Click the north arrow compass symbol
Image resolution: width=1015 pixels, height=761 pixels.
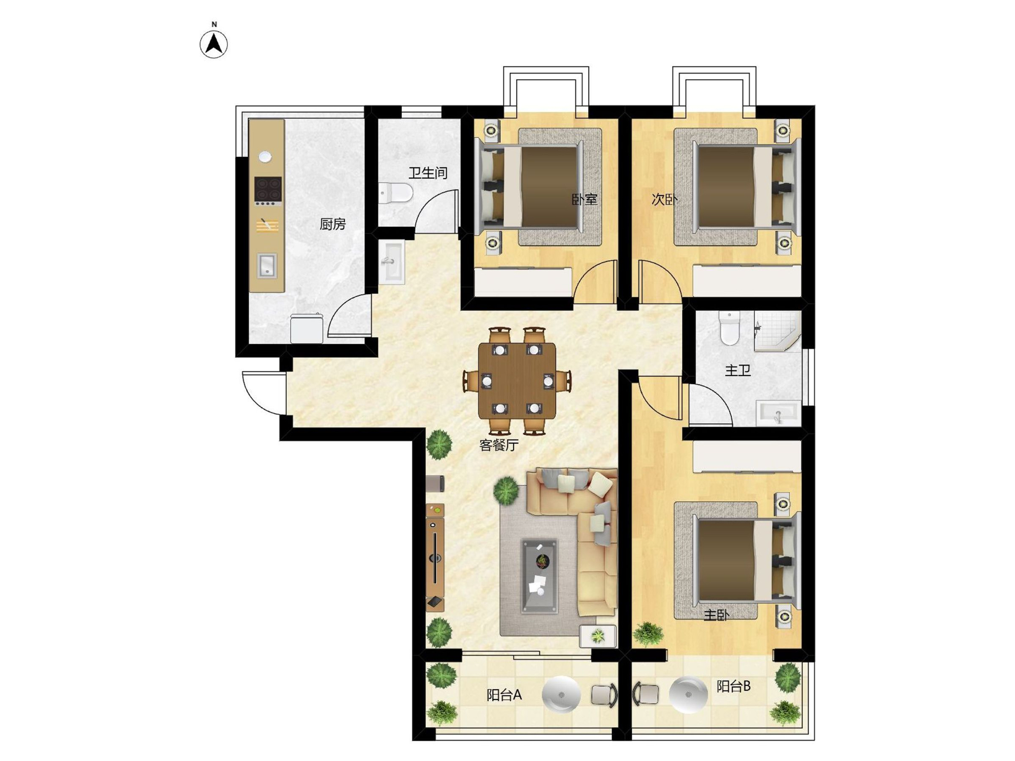(214, 44)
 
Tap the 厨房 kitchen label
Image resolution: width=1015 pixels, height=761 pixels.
(332, 224)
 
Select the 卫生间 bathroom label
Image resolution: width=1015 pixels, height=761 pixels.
(428, 173)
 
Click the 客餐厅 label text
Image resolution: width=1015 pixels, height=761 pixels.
(499, 445)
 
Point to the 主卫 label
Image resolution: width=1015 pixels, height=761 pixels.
(737, 370)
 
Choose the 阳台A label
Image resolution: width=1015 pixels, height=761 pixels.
(504, 695)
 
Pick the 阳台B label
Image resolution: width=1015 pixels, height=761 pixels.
(733, 686)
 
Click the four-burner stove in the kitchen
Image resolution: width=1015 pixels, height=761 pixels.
(268, 190)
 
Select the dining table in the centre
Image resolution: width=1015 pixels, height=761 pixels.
(517, 381)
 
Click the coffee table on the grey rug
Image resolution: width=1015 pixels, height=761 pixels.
(540, 576)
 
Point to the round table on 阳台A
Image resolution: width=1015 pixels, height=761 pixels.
(561, 695)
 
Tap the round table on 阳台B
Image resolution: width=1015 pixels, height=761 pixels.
(688, 695)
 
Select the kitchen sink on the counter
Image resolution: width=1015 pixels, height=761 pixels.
(267, 265)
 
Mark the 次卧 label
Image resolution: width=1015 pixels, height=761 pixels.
(664, 199)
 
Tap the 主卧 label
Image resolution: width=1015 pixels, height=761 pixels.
(716, 615)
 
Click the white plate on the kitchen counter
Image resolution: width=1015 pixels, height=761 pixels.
(265, 157)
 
